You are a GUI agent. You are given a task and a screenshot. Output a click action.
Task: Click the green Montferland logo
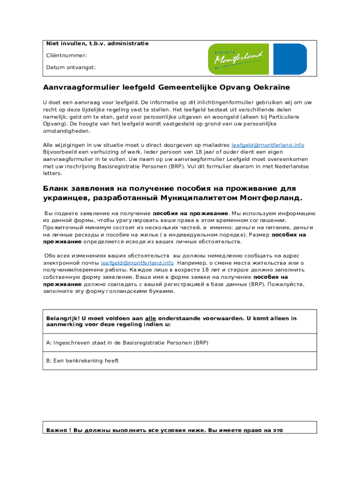click(238, 59)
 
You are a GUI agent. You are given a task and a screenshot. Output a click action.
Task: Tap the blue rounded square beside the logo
click(290, 59)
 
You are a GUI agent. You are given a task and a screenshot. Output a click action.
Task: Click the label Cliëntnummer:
click(66, 55)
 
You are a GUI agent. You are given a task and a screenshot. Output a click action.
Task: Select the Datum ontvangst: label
click(71, 67)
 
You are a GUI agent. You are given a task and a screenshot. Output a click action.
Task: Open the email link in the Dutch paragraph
click(268, 145)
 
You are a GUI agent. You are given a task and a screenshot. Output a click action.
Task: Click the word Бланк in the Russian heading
click(57, 188)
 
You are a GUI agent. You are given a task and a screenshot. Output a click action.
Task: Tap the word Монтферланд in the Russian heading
click(274, 198)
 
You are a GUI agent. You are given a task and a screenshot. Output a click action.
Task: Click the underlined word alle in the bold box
click(151, 318)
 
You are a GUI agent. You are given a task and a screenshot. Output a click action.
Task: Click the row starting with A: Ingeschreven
click(127, 342)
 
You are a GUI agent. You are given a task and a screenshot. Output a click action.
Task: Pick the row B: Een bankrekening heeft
click(82, 361)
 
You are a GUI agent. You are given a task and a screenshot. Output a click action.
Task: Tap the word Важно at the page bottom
click(57, 430)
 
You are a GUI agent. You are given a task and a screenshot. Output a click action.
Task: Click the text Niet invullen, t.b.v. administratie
click(97, 44)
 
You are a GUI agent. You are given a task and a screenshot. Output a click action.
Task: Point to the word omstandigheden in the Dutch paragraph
click(66, 131)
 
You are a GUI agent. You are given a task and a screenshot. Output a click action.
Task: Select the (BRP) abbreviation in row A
click(201, 342)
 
